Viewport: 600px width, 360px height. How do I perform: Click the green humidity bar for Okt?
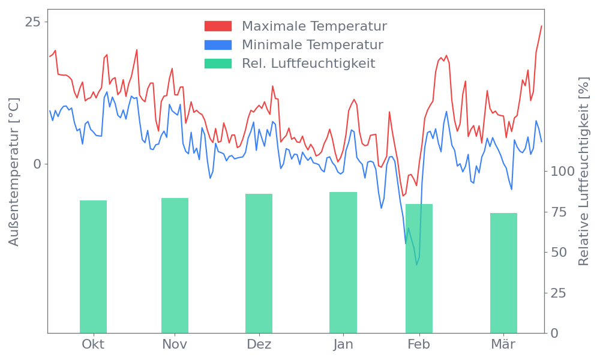pyautogui.click(x=93, y=266)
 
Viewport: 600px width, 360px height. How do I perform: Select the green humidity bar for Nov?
pyautogui.click(x=175, y=265)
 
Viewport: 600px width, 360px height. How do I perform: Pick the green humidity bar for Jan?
pyautogui.click(x=343, y=262)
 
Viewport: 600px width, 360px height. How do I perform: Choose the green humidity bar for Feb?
pyautogui.click(x=419, y=268)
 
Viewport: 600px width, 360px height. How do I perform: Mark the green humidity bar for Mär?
pyautogui.click(x=503, y=272)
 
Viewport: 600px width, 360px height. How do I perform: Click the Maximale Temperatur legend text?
pyautogui.click(x=314, y=26)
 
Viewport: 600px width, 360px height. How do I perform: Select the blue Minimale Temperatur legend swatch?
pyautogui.click(x=218, y=45)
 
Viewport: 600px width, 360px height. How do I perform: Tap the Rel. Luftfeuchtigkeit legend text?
pyautogui.click(x=308, y=64)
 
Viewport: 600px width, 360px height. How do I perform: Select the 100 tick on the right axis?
pyautogui.click(x=563, y=172)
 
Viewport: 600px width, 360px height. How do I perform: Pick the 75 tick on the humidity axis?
pyautogui.click(x=559, y=212)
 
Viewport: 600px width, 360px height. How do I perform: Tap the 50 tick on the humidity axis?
pyautogui.click(x=559, y=252)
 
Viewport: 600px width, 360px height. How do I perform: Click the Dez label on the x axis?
pyautogui.click(x=259, y=344)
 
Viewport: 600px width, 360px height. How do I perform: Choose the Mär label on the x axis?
pyautogui.click(x=503, y=344)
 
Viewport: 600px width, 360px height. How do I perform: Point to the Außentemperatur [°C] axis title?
pyautogui.click(x=14, y=172)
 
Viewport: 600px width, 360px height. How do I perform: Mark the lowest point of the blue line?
pyautogui.click(x=417, y=263)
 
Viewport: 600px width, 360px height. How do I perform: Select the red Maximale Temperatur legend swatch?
pyautogui.click(x=218, y=26)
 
